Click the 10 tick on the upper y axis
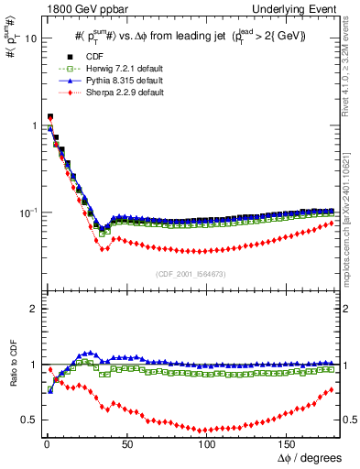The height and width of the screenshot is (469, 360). tap(28, 38)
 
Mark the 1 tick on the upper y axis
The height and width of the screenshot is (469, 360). tap(32, 125)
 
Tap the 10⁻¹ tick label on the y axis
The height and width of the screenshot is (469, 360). tap(26, 212)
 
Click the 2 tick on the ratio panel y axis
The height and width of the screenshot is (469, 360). tap(32, 309)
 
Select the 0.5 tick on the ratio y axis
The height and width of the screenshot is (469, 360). tap(27, 419)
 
